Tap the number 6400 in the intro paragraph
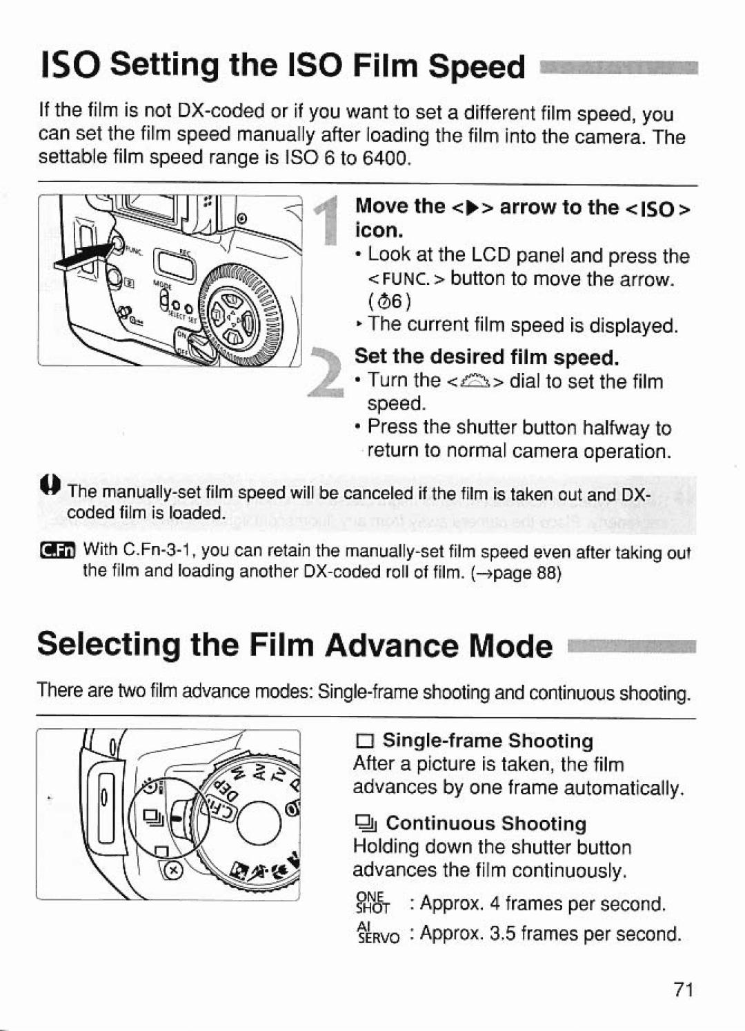point(385,158)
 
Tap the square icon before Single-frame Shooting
point(364,742)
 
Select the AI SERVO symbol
point(377,933)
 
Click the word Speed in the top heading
point(476,67)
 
